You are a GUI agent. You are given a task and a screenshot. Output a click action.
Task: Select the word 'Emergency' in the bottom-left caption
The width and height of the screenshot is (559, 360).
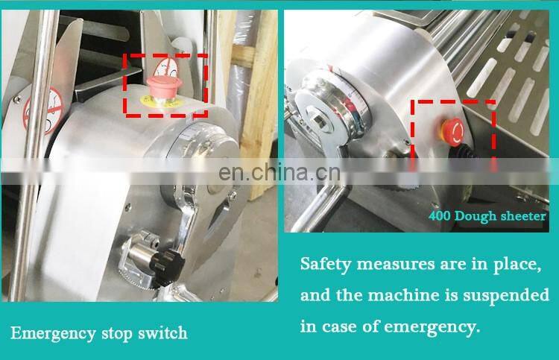pyautogui.click(x=54, y=334)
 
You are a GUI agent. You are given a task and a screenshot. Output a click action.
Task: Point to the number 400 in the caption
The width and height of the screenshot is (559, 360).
pyautogui.click(x=440, y=216)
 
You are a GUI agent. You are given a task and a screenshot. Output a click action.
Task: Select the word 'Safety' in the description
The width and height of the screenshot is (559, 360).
pyautogui.click(x=326, y=265)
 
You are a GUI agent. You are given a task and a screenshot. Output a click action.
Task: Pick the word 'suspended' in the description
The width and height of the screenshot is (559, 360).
pyautogui.click(x=506, y=296)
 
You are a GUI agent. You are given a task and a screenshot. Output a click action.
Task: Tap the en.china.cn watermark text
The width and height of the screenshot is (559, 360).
pyautogui.click(x=279, y=172)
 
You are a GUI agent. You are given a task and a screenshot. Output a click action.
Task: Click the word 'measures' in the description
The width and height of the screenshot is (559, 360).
pyautogui.click(x=396, y=265)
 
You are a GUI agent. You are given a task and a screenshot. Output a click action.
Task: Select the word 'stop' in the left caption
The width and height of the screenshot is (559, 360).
pyautogui.click(x=117, y=334)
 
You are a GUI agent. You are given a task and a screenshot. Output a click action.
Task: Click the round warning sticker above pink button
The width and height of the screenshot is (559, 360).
pyautogui.click(x=168, y=69)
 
